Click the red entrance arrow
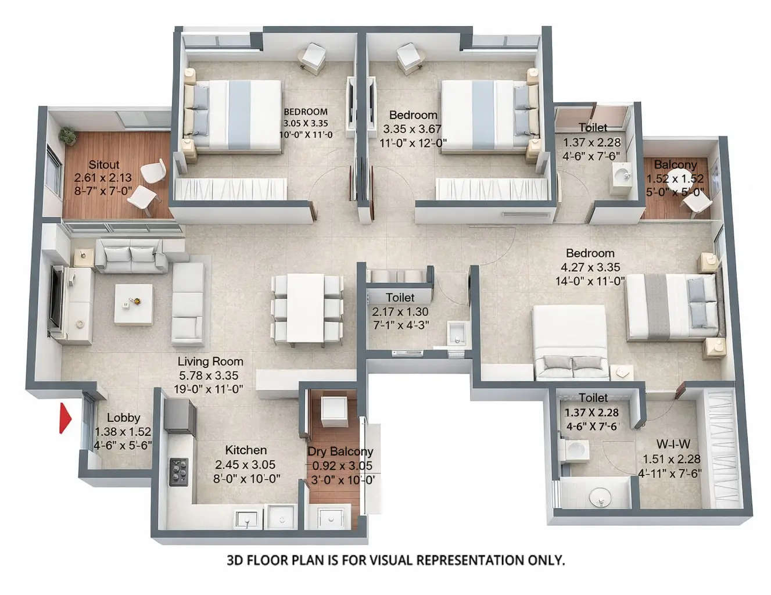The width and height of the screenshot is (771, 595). [x=64, y=418]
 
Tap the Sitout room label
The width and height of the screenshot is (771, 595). [x=104, y=164]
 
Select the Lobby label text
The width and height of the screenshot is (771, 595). [x=123, y=417]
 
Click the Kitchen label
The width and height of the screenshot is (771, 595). [x=246, y=450]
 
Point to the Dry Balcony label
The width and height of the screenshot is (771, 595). [x=340, y=451]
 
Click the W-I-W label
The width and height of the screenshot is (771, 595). [x=673, y=445]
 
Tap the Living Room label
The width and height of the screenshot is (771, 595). [x=210, y=361]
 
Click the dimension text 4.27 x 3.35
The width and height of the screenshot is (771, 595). [x=590, y=267]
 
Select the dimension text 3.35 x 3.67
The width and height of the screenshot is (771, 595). [x=413, y=129]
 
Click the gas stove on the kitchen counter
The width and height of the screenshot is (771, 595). [x=178, y=471]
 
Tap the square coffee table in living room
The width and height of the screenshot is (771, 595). [x=133, y=303]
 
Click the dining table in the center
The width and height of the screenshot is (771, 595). [x=306, y=307]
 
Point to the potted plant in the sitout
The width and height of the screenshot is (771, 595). [x=68, y=135]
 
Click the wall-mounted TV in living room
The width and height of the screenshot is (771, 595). [x=56, y=296]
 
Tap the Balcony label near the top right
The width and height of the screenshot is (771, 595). [x=675, y=165]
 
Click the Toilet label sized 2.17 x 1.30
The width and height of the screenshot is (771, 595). [x=400, y=297]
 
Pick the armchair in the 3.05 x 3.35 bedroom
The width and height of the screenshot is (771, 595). [x=313, y=58]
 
